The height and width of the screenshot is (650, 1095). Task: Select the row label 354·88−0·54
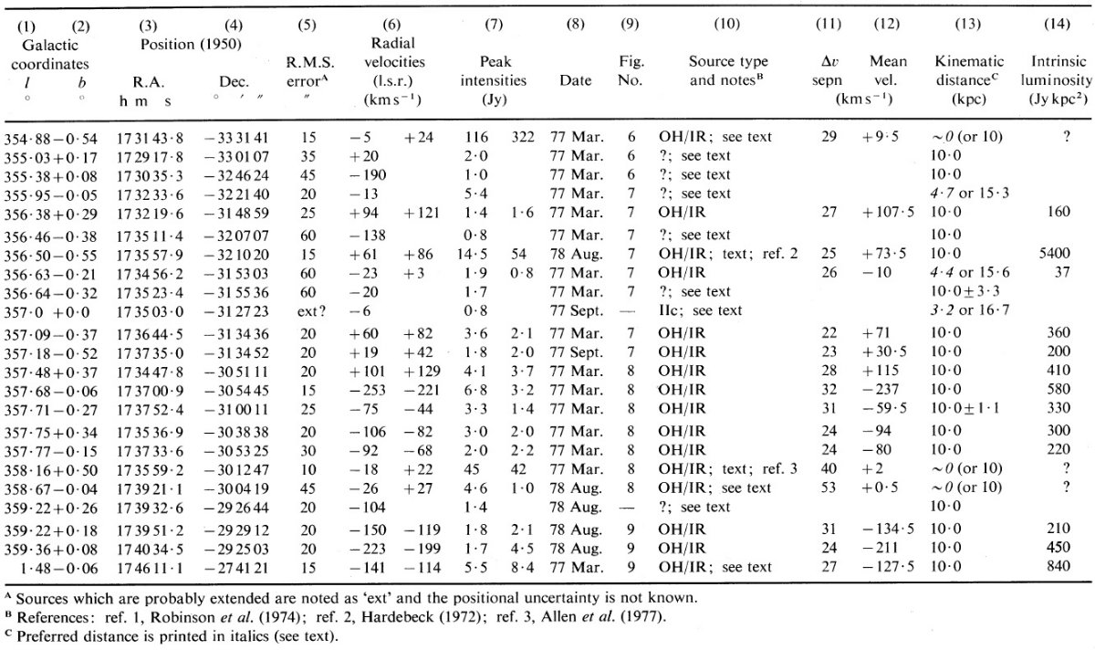coord(51,140)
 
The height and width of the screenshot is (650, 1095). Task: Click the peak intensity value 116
coord(476,137)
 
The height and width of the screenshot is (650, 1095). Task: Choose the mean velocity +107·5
coord(888,213)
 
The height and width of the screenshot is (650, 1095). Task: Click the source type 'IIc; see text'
coord(700,310)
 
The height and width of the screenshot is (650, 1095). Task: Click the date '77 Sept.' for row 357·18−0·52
coord(577,352)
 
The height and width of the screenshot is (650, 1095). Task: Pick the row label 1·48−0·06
coord(58,569)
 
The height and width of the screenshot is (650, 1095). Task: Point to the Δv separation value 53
coord(829,487)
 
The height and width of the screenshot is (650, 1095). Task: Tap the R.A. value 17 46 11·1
coord(150,568)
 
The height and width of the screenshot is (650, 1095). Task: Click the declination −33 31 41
coord(236,138)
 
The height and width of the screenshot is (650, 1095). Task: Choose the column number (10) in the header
coord(727,24)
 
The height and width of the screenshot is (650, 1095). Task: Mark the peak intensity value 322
coord(523,137)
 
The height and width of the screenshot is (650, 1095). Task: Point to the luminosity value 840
coord(1058,566)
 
